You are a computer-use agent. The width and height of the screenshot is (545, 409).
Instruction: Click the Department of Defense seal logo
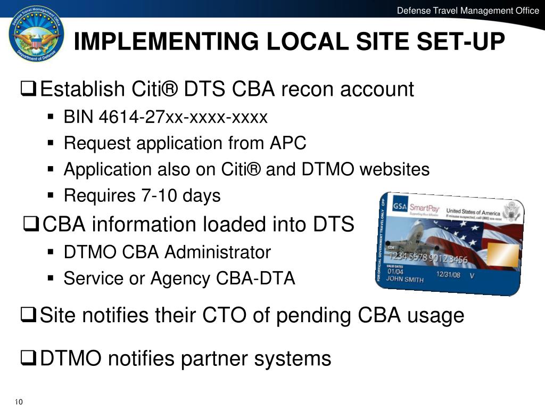(x=36, y=34)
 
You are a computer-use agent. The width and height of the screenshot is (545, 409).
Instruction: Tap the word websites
(x=394, y=169)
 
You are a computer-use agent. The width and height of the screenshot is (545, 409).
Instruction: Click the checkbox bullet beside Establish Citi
(x=29, y=89)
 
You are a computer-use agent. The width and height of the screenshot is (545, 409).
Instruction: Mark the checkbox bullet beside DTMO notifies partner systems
(x=29, y=359)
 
